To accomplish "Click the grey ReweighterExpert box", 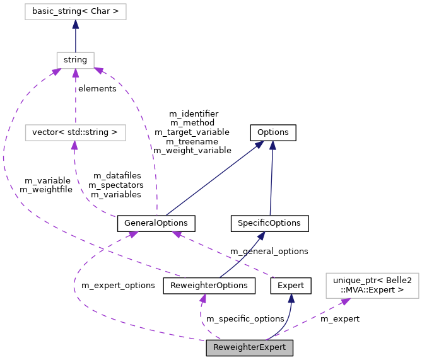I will click(x=249, y=347).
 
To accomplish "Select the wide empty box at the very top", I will click(x=75, y=11).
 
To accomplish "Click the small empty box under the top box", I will click(x=75, y=61).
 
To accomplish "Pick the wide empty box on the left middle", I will click(x=75, y=132).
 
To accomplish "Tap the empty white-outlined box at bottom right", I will click(x=372, y=285).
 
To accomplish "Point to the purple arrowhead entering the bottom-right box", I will click(x=344, y=302).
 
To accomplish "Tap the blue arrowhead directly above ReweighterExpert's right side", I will click(x=291, y=298).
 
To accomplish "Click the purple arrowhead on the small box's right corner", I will click(x=99, y=71).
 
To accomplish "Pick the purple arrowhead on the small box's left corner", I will click(x=56, y=72).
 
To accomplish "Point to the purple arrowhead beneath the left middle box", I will click(x=74, y=146).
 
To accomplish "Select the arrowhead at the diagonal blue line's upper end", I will click(x=259, y=144).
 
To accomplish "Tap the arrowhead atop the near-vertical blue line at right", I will click(x=273, y=145).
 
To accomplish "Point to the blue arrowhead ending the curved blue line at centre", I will click(x=261, y=235).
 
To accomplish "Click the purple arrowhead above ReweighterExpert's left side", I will click(x=203, y=298).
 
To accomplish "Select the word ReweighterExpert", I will click(x=249, y=347).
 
